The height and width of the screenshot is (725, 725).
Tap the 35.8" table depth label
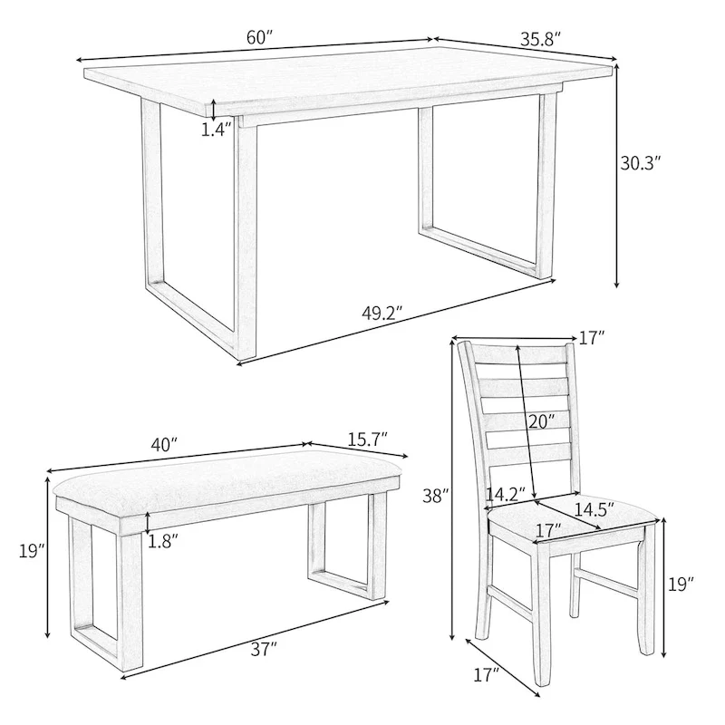541,39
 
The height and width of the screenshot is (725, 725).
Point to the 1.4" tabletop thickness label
217,130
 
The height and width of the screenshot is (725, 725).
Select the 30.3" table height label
640,163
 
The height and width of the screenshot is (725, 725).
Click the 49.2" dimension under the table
382,314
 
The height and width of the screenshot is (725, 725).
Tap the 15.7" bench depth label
367,438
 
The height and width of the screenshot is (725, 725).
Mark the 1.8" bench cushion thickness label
163,541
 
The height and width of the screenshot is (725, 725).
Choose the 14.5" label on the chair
589,509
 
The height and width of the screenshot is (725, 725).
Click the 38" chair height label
436,496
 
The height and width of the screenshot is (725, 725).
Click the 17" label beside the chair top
591,338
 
